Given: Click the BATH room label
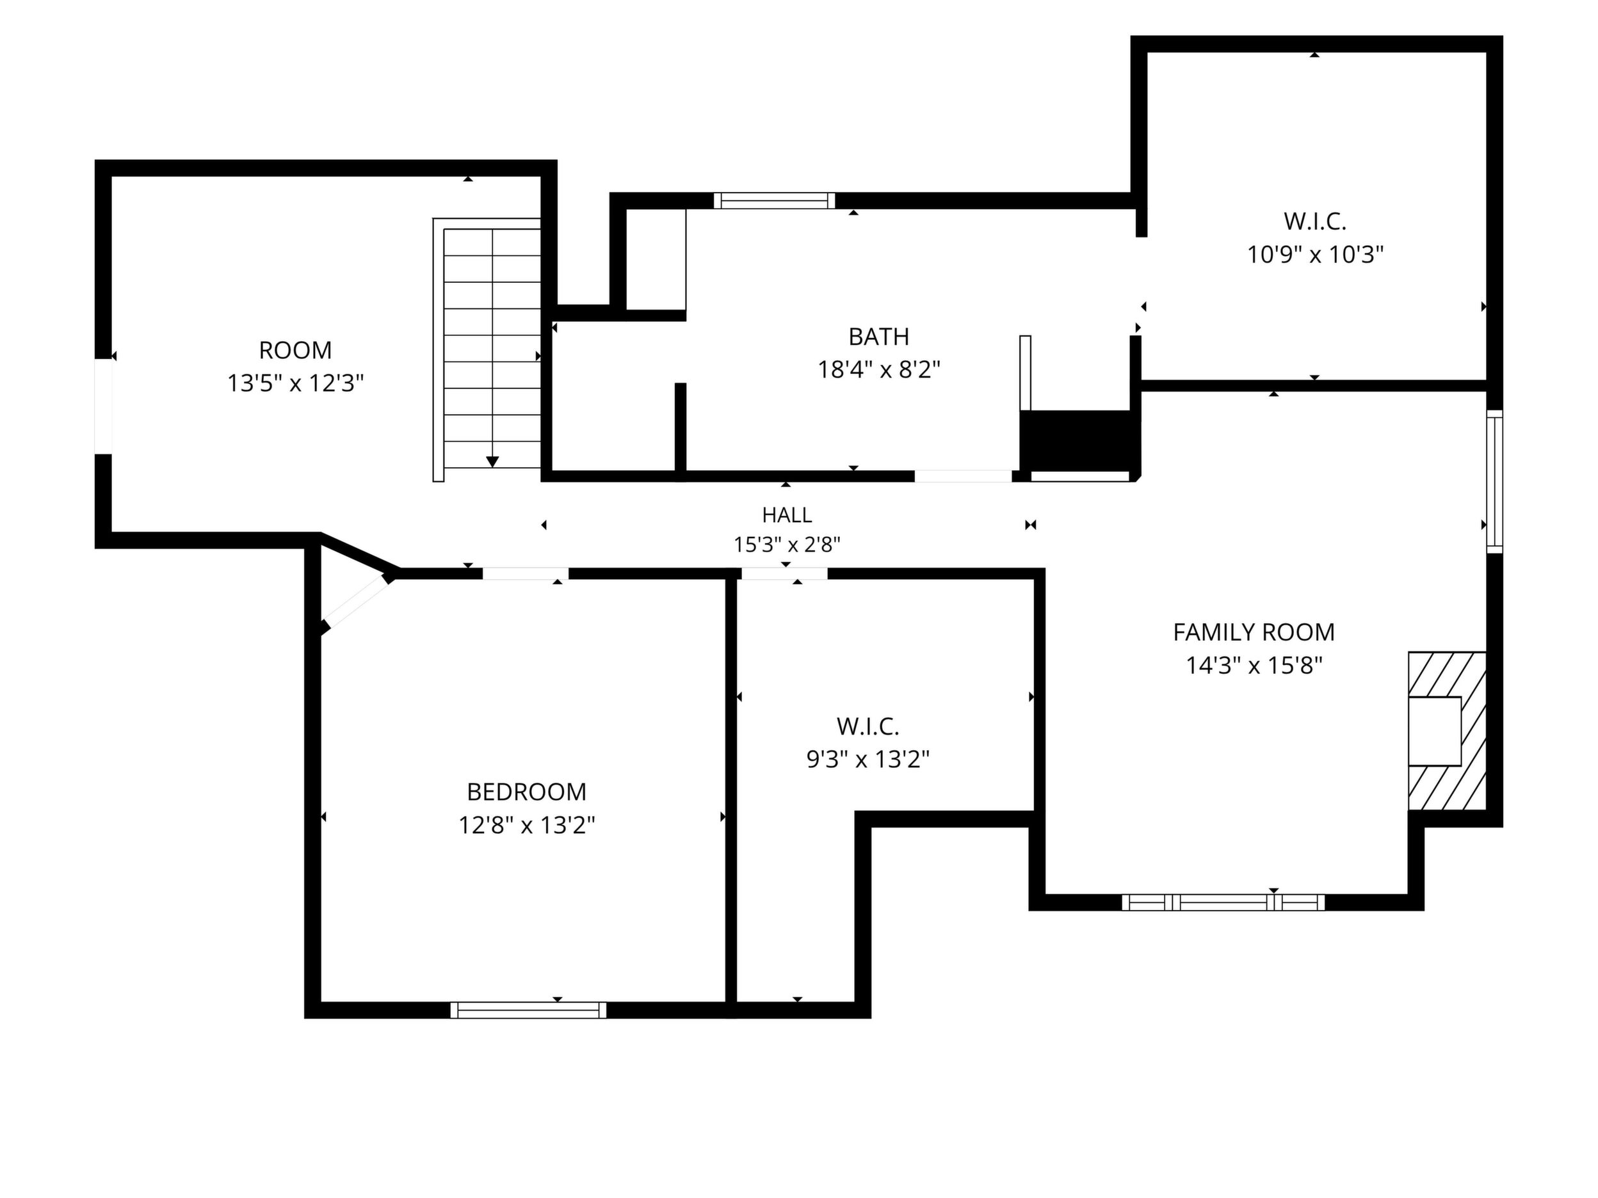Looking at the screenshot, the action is pyautogui.click(x=878, y=337).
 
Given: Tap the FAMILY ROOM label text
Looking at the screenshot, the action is pyautogui.click(x=1254, y=632).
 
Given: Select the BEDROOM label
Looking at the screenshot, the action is pyautogui.click(x=527, y=792).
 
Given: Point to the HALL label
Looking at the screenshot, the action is pyautogui.click(x=787, y=515).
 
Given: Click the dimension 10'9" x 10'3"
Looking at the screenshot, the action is pyautogui.click(x=1315, y=255).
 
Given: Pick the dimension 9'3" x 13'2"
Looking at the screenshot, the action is pyautogui.click(x=868, y=759).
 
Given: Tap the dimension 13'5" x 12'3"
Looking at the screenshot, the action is pyautogui.click(x=296, y=383).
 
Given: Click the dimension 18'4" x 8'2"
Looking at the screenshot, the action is pyautogui.click(x=878, y=370).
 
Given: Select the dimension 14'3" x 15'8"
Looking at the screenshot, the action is pyautogui.click(x=1254, y=665).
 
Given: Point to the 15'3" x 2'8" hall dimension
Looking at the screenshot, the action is pyautogui.click(x=787, y=545).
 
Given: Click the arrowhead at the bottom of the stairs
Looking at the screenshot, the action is pyautogui.click(x=493, y=461).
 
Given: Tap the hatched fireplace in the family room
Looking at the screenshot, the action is pyautogui.click(x=1447, y=731).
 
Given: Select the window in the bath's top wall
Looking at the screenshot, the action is pyautogui.click(x=775, y=201).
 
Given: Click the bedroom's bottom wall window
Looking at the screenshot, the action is pyautogui.click(x=528, y=1010).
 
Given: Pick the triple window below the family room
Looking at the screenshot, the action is pyautogui.click(x=1223, y=902).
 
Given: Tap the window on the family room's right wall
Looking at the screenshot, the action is pyautogui.click(x=1494, y=482).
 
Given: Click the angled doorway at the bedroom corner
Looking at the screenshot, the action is pyautogui.click(x=355, y=602).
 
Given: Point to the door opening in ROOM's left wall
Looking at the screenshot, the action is pyautogui.click(x=104, y=406).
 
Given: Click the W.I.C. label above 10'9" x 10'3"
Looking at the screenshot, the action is pyautogui.click(x=1315, y=221).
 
